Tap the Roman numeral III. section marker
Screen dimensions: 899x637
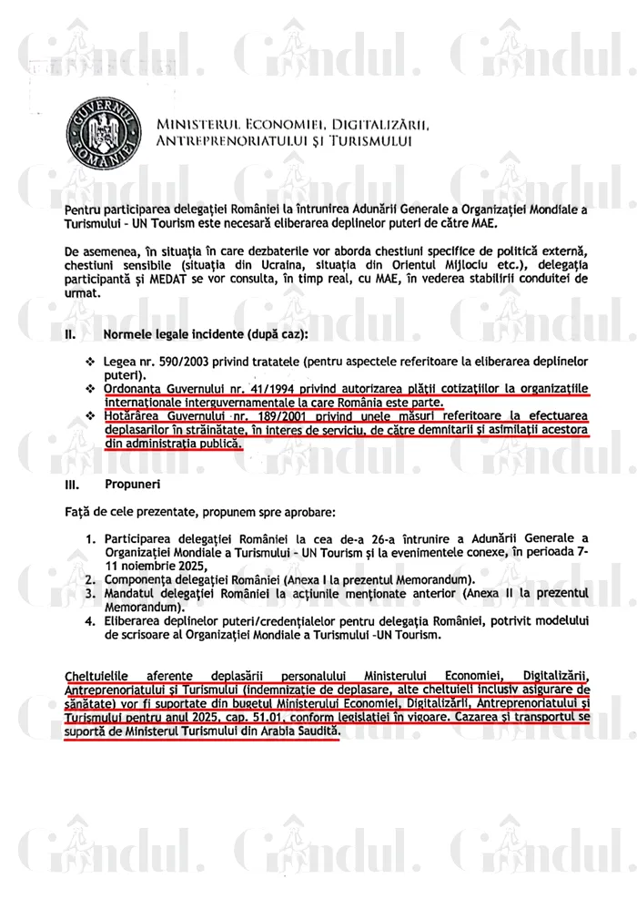[x=72, y=485]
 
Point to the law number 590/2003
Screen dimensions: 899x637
[x=178, y=361]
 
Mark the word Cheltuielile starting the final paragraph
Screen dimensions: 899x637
[x=97, y=675]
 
